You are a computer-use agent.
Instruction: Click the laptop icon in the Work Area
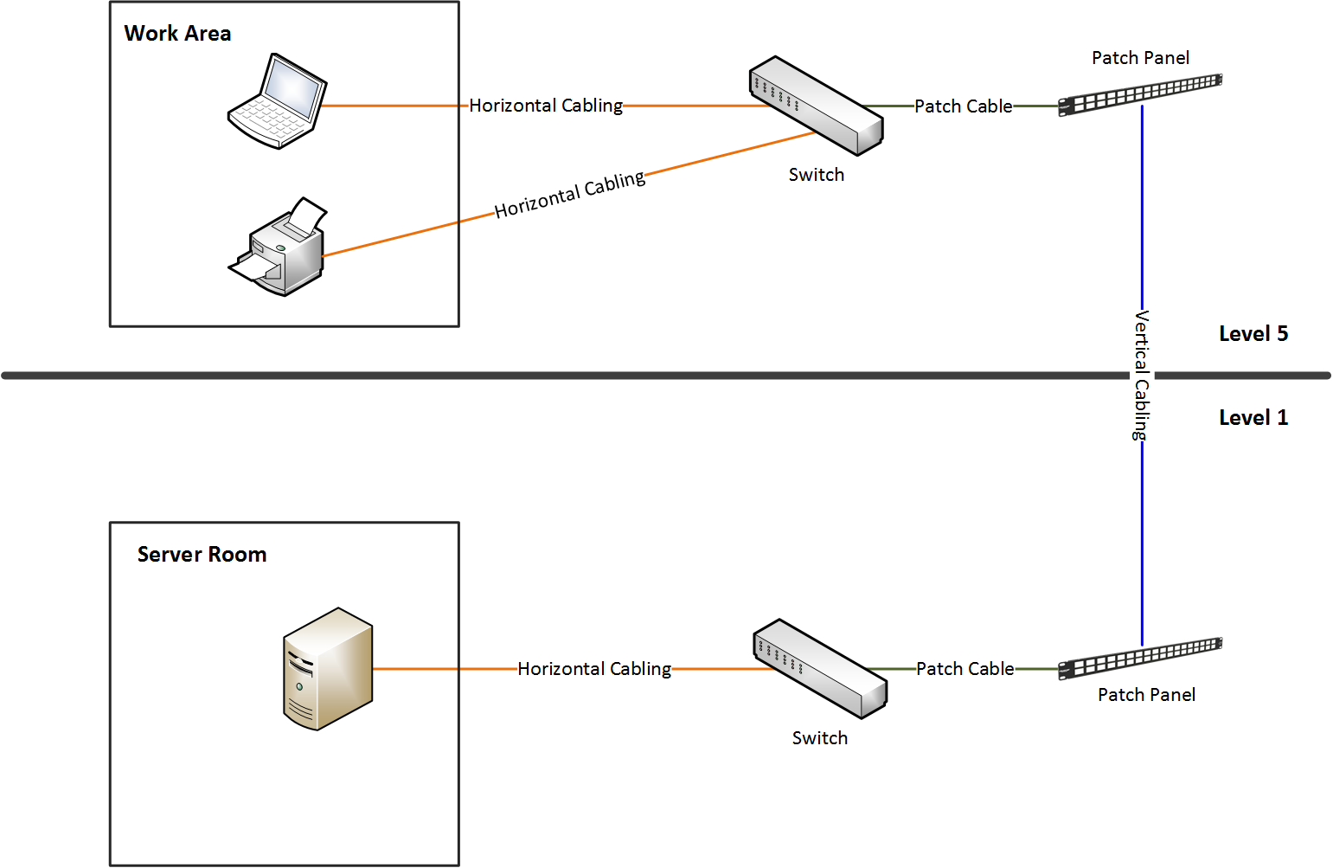tap(277, 101)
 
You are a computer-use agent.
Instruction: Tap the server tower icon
tap(328, 669)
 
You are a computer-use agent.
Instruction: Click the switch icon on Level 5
tap(815, 106)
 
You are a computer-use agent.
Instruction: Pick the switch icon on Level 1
tap(819, 668)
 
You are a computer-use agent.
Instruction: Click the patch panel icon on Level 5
tap(1140, 93)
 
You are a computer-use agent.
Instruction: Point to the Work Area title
tap(177, 34)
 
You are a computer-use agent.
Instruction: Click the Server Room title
tap(202, 555)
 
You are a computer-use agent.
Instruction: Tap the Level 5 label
tap(1253, 334)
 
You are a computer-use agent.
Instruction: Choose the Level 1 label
tap(1253, 418)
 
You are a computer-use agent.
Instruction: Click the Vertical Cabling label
tap(1142, 375)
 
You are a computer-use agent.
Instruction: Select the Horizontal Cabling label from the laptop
tap(546, 106)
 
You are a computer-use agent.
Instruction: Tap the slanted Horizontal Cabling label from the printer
tap(570, 194)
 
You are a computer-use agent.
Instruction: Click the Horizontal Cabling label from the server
tap(594, 669)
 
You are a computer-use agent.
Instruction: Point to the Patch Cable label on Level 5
tap(963, 106)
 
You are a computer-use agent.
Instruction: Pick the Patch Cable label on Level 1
tap(965, 669)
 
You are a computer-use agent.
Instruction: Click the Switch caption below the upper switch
tap(816, 175)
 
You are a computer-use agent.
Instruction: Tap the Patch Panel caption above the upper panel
tap(1140, 58)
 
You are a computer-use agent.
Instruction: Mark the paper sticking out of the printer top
tap(305, 214)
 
